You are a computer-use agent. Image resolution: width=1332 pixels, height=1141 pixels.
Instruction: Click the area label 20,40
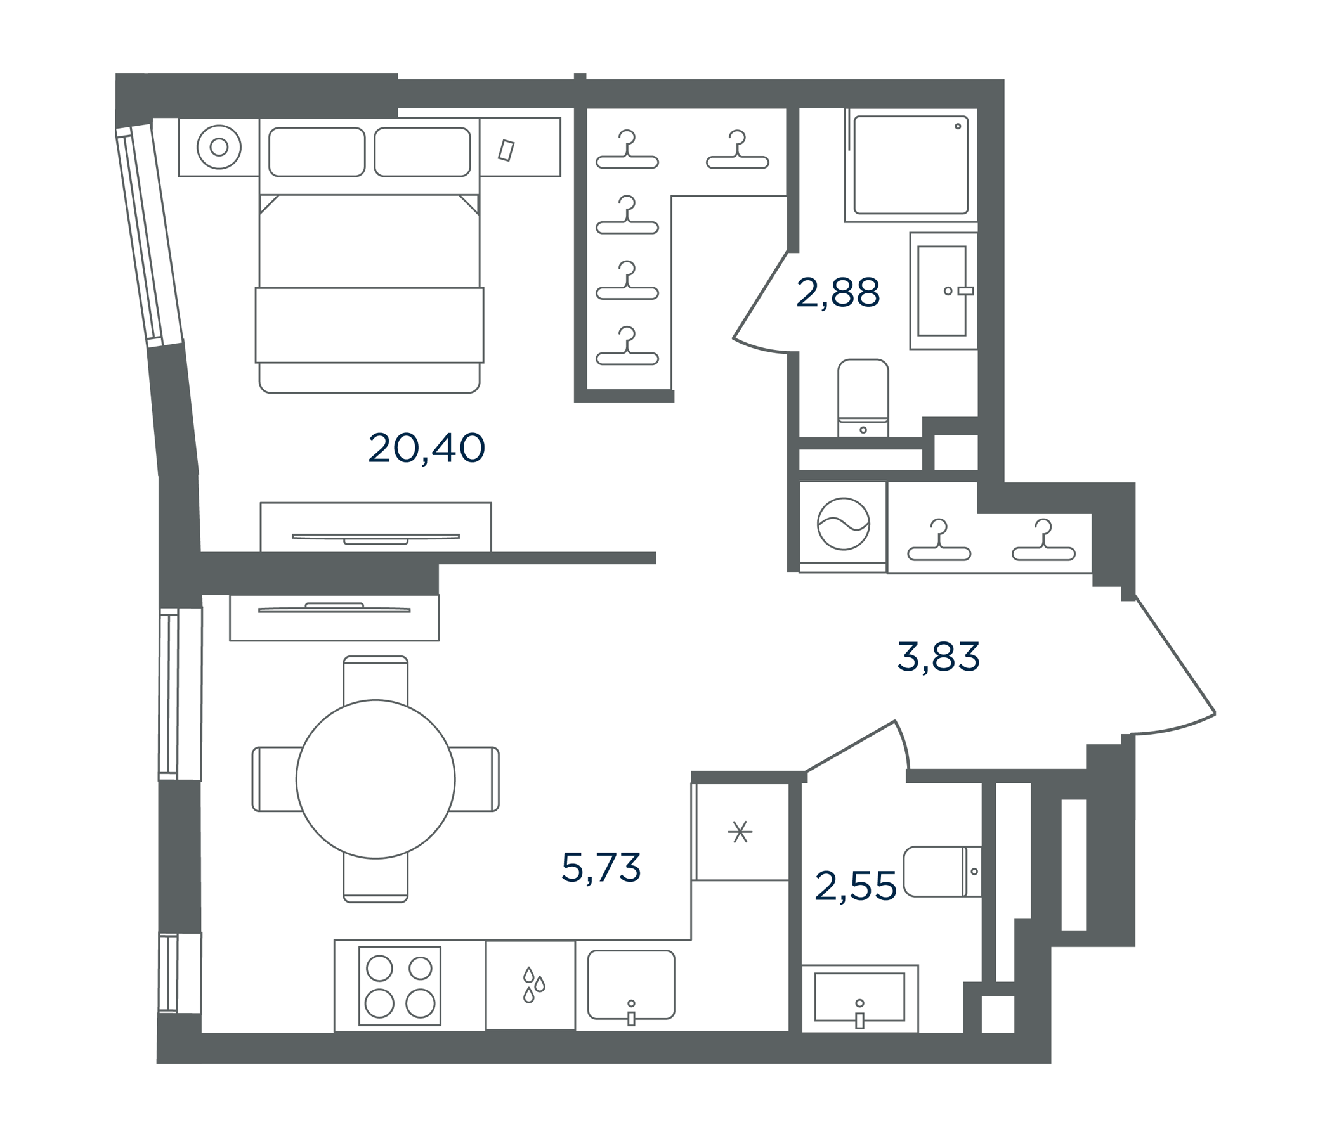tap(426, 448)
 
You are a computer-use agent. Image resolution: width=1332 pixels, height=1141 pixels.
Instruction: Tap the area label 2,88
tap(838, 293)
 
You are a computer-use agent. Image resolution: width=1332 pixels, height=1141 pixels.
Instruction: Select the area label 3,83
tap(938, 657)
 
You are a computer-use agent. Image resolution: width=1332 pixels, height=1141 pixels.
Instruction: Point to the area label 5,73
tap(601, 867)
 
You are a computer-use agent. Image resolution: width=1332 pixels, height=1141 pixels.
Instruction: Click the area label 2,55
tap(855, 886)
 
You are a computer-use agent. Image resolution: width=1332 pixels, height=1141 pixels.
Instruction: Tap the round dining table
tap(375, 779)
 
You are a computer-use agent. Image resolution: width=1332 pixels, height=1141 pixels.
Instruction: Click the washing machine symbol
tap(844, 524)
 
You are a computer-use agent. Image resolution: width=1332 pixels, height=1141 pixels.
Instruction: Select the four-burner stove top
tap(400, 986)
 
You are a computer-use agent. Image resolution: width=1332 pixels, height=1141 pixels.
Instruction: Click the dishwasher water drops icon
tap(533, 984)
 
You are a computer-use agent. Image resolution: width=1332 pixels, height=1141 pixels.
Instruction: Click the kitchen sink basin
tap(631, 985)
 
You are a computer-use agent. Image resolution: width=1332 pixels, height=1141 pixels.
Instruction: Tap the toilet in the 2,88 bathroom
tap(863, 398)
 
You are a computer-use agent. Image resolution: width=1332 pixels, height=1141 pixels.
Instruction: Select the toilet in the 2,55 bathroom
tap(943, 871)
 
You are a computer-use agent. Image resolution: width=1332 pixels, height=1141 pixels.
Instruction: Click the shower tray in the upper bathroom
tap(911, 165)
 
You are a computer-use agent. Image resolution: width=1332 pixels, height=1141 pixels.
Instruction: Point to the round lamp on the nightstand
tap(219, 147)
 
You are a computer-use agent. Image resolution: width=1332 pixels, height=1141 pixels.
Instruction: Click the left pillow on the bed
tap(317, 151)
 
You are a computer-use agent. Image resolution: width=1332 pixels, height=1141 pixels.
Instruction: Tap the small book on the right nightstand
tap(507, 150)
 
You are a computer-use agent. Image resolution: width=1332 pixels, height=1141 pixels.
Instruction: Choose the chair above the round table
tap(375, 679)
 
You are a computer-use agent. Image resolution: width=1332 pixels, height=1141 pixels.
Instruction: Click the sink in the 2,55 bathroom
tap(859, 998)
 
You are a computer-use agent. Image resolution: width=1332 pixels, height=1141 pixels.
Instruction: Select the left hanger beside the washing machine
tap(939, 540)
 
